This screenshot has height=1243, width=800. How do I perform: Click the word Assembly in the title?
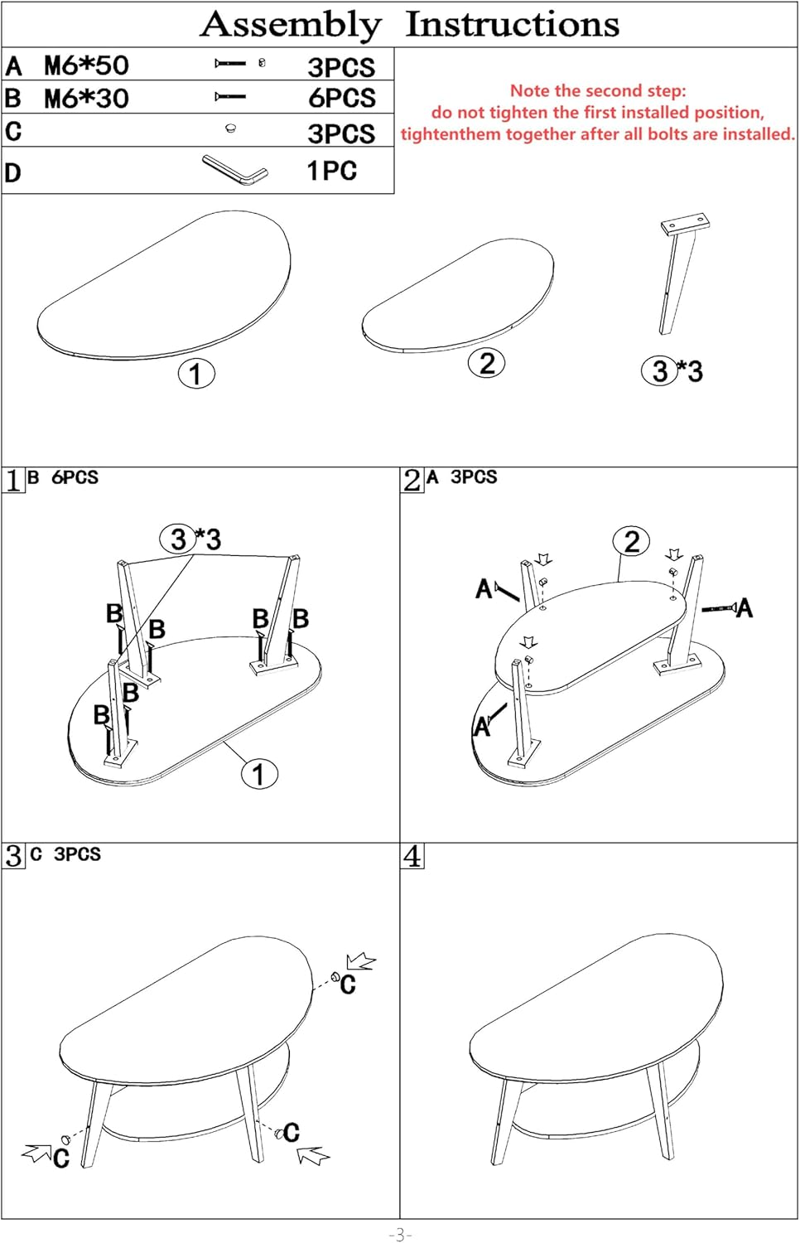click(291, 26)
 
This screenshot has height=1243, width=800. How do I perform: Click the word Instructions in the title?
click(513, 24)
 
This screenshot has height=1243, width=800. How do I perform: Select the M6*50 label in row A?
click(86, 65)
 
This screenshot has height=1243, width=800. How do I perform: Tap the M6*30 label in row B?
click(86, 99)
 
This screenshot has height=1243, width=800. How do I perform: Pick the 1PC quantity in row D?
click(331, 171)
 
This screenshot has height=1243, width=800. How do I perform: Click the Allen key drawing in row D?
click(235, 170)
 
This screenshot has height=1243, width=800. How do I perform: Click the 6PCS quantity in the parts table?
click(342, 98)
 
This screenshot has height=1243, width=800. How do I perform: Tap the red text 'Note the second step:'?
click(598, 90)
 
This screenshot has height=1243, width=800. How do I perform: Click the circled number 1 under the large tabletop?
click(196, 374)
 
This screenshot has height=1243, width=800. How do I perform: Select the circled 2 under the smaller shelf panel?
click(486, 364)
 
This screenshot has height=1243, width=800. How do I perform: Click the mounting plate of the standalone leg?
click(685, 224)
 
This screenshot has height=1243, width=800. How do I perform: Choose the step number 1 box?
click(13, 481)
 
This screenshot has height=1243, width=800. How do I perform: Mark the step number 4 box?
click(412, 856)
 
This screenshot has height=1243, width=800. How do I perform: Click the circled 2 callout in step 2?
click(631, 541)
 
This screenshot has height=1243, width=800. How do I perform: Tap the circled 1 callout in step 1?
click(259, 773)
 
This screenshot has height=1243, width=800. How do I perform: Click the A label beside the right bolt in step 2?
click(745, 608)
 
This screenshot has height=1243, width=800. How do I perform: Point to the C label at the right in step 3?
click(348, 984)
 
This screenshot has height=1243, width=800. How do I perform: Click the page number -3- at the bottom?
click(400, 1234)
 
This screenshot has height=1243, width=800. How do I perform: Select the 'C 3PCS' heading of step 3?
click(65, 854)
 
